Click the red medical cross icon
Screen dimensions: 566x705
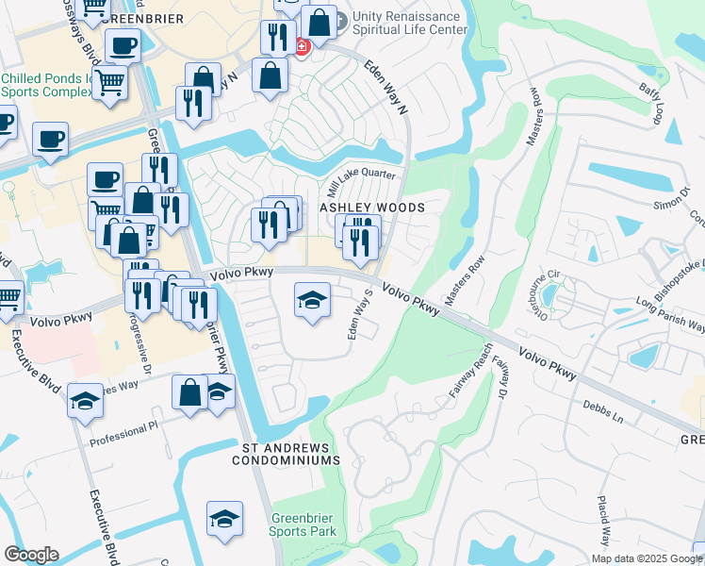point(302,46)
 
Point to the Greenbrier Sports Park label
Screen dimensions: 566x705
point(303,524)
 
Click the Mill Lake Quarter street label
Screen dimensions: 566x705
point(360,179)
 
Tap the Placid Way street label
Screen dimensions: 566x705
point(603,520)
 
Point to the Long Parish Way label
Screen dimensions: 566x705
point(669,314)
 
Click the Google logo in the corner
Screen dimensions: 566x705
point(30,555)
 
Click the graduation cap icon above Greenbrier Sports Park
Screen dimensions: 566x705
point(224,519)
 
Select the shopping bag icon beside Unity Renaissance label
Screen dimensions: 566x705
point(320,23)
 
